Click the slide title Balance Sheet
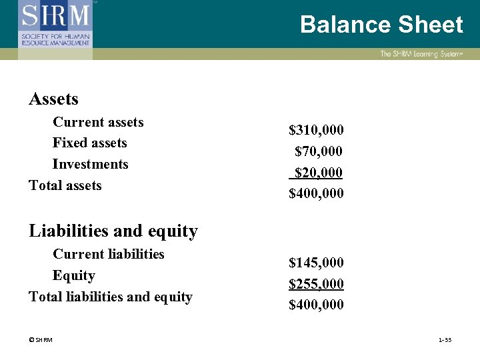click(381, 25)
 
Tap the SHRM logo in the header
click(56, 24)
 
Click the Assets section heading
click(53, 99)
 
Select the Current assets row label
click(98, 122)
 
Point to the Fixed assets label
click(89, 143)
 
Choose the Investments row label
click(90, 164)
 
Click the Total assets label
click(65, 185)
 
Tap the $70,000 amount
click(319, 151)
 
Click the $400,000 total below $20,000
click(316, 193)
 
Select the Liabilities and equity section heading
click(113, 231)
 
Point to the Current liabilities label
click(108, 254)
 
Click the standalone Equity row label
click(73, 275)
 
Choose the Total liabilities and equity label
click(111, 297)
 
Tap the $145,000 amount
click(316, 263)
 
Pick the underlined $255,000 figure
click(316, 284)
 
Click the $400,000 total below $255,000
click(316, 305)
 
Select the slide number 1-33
click(445, 341)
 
